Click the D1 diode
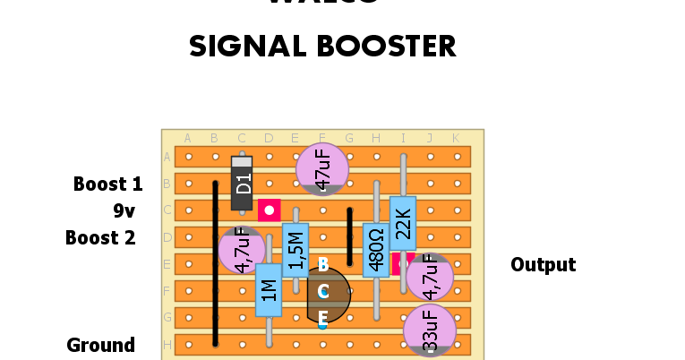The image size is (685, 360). click(x=242, y=184)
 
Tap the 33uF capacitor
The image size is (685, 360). click(x=430, y=330)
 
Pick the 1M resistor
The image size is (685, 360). click(x=269, y=289)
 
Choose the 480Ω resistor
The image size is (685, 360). click(x=376, y=250)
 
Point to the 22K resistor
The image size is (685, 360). click(x=403, y=223)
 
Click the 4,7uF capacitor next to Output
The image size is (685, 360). click(x=430, y=277)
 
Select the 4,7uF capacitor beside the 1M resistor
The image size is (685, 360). click(x=240, y=251)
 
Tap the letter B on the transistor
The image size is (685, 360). click(x=323, y=264)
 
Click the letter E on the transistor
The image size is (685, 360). click(x=323, y=317)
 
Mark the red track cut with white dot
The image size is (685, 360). click(x=269, y=210)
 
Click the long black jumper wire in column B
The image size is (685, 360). click(x=215, y=263)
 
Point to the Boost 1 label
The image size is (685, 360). click(x=107, y=184)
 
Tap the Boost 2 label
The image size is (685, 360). click(x=100, y=238)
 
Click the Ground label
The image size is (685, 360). click(x=101, y=346)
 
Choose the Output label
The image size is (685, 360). click(x=543, y=265)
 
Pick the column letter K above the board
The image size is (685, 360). click(x=457, y=138)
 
